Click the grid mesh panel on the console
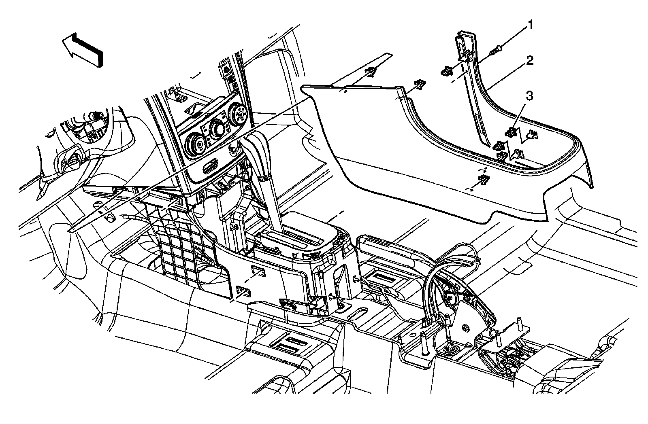coord(178,243)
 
